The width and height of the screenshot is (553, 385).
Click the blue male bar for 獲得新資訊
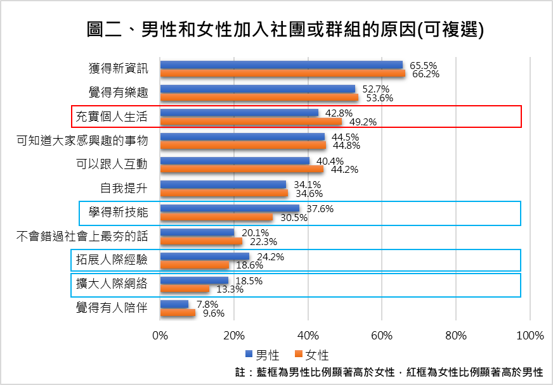281,65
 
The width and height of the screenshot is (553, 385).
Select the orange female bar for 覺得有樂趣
259,98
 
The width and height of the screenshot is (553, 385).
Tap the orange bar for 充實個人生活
250,122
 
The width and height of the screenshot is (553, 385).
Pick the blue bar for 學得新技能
230,208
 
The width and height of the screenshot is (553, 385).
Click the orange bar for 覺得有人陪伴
178,313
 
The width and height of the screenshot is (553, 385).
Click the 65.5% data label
424,65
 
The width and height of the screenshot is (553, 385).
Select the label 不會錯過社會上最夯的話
82,236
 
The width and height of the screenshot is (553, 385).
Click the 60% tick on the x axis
382,335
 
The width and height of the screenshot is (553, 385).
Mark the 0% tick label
160,335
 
